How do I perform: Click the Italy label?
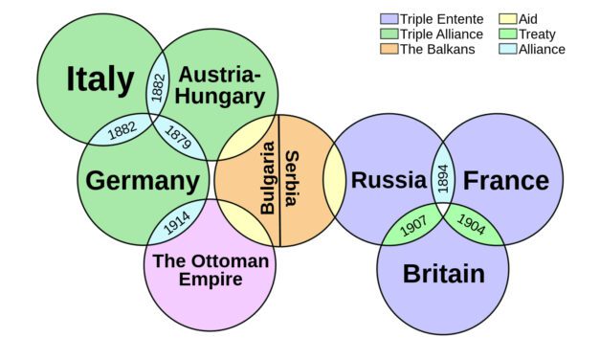100,79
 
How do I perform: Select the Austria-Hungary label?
220,85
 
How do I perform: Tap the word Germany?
143,181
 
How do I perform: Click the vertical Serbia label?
291,178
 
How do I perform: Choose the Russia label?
388,179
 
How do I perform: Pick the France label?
506,180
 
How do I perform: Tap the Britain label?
443,275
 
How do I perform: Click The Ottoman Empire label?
211,270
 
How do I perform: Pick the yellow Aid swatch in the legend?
507,19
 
